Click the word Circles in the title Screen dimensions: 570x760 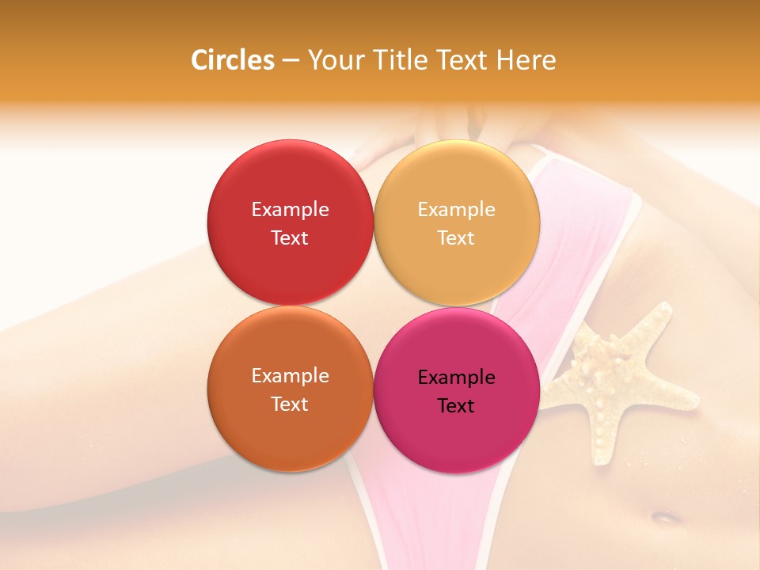point(232,60)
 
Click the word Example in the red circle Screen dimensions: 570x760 point(290,209)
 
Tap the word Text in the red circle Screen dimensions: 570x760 point(290,237)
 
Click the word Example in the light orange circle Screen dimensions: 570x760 point(456,209)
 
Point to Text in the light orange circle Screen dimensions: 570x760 point(456,237)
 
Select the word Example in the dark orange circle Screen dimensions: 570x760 point(290,375)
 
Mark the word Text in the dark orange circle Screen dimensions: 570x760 point(290,404)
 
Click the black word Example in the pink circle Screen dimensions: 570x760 point(456,377)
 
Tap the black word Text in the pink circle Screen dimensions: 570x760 point(456,405)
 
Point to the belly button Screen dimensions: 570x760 point(666,517)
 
